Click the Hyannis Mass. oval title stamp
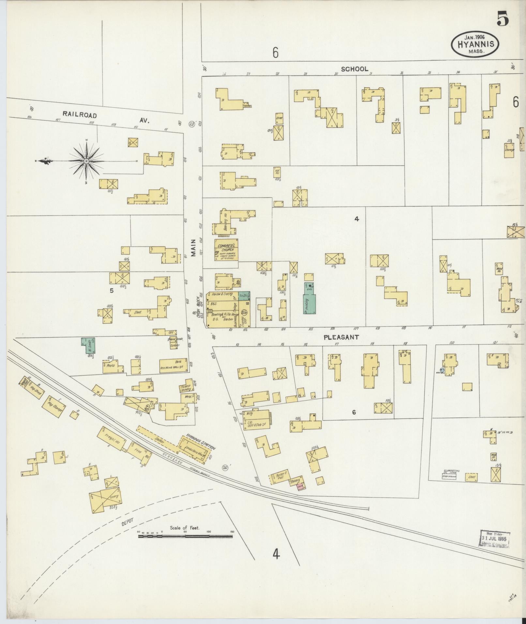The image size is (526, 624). pos(475,44)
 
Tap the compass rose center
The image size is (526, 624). pos(86,161)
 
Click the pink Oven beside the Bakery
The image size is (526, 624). pos(300,487)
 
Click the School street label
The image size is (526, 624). pos(354,69)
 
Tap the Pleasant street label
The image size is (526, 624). pos(341,338)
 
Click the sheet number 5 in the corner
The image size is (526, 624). pos(503,20)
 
